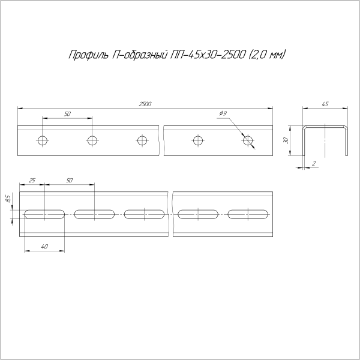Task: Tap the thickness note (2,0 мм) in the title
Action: pyautogui.click(x=266, y=55)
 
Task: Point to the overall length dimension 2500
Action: pyautogui.click(x=145, y=104)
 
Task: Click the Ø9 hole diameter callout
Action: pyautogui.click(x=223, y=114)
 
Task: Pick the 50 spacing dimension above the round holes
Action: pyautogui.click(x=67, y=114)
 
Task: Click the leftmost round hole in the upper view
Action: pyautogui.click(x=42, y=141)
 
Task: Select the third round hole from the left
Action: pyautogui.click(x=142, y=141)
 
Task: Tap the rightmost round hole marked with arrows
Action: pyautogui.click(x=248, y=141)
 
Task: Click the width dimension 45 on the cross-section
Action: pyautogui.click(x=325, y=104)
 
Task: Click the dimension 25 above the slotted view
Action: pyautogui.click(x=32, y=180)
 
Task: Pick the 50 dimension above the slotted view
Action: pyautogui.click(x=69, y=180)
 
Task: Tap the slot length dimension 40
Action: pyautogui.click(x=44, y=247)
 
